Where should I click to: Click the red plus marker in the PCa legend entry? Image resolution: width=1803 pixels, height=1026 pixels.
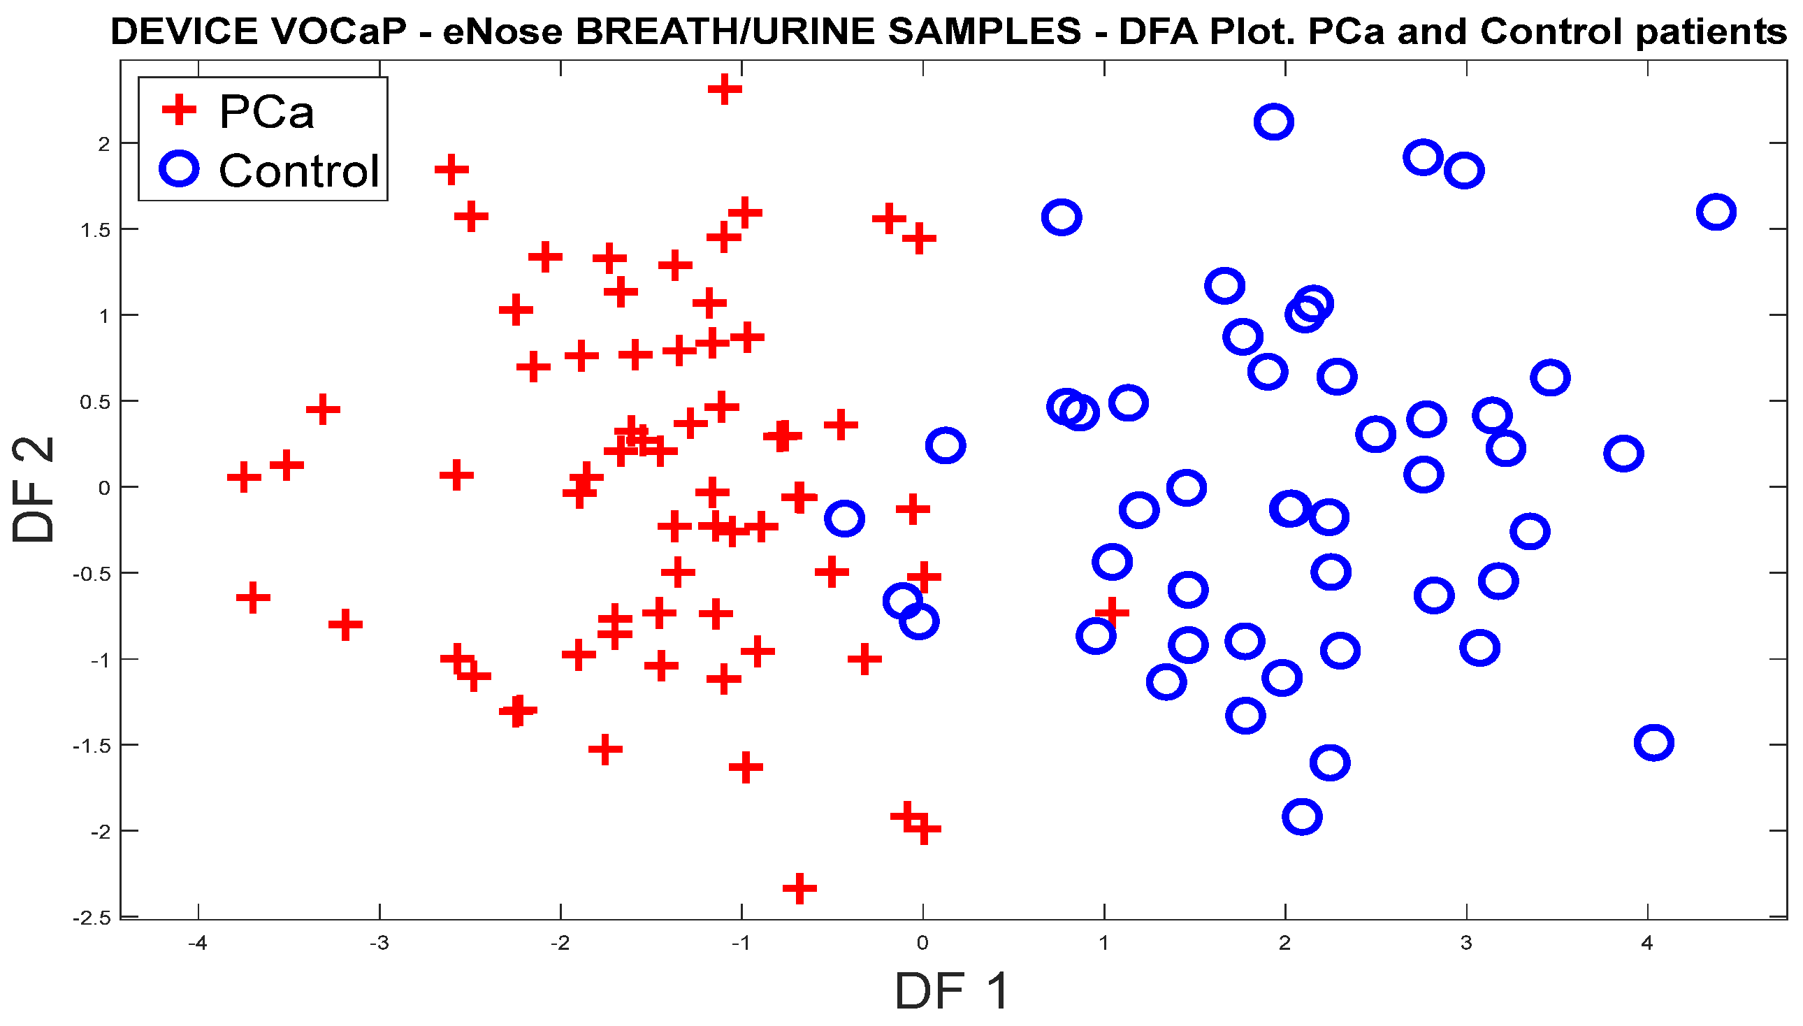[x=179, y=110]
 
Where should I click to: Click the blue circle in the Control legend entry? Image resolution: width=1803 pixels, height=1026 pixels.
[x=179, y=169]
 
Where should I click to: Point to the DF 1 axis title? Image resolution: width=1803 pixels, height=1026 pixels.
[x=951, y=991]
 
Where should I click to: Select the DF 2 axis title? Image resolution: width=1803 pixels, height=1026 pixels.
[x=33, y=490]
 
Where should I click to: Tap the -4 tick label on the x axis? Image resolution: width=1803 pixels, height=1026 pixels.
[x=197, y=943]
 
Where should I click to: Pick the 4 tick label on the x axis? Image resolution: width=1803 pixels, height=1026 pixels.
[x=1646, y=943]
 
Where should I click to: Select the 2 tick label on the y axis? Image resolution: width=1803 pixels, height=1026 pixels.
[x=104, y=144]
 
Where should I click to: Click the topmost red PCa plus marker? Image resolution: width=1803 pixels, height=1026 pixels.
[x=724, y=89]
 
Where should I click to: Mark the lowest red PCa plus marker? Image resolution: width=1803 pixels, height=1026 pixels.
[x=799, y=888]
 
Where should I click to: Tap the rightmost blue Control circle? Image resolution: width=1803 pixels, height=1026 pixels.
[x=1716, y=212]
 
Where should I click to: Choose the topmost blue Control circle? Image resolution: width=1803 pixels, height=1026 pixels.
[x=1273, y=122]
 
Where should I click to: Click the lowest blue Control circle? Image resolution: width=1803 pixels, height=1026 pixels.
[x=1301, y=818]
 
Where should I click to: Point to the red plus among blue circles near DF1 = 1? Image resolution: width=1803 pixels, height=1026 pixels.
[x=1112, y=612]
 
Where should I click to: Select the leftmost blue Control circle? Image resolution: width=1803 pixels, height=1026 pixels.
[x=844, y=519]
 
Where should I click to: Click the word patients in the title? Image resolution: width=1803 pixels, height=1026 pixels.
[x=1711, y=31]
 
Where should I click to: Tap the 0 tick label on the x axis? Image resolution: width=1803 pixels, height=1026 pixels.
[x=922, y=943]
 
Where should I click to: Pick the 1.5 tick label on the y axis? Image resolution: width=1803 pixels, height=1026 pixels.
[x=96, y=230]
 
